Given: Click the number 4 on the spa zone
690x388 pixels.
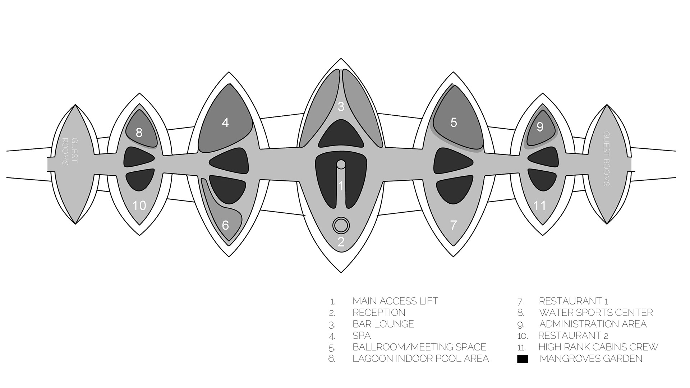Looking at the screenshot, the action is point(225,123).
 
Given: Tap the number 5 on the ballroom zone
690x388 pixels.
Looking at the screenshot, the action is point(454,123).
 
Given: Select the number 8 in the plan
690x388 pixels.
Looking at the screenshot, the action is point(139,133).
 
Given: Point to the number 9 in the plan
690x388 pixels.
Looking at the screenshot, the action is point(540,127).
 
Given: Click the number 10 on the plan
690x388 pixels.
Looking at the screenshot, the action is point(139,205).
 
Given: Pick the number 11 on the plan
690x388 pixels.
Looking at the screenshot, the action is point(540,205).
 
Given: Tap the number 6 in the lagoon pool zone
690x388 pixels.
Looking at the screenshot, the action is point(225,225).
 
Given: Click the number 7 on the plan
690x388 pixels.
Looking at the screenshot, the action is point(454,225).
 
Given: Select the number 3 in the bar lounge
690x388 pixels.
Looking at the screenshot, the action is point(341,107).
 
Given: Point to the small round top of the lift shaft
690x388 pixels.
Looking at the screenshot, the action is point(341,164).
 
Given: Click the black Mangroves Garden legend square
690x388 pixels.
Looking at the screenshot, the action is point(523,359).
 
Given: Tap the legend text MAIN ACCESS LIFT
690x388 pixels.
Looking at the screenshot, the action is point(395,301).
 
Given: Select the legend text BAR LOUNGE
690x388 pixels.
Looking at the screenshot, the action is point(383,324).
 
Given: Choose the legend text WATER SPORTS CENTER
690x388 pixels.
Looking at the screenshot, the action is point(596,313).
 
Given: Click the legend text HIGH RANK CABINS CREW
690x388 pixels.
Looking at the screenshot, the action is point(598,347).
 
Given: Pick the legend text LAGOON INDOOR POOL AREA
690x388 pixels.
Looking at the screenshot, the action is point(421,359).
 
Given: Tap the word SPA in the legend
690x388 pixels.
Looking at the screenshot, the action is point(362,336).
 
